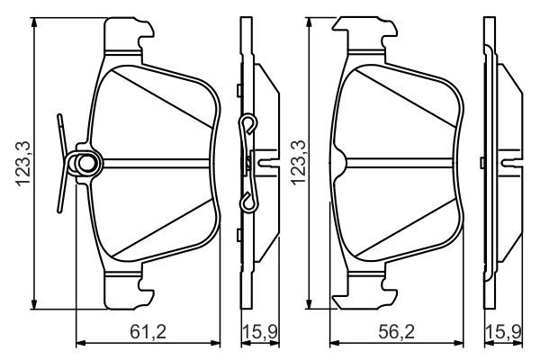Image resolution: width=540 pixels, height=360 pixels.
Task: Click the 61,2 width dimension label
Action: (x=148, y=332)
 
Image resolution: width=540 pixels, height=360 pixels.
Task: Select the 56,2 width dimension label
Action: (x=396, y=332)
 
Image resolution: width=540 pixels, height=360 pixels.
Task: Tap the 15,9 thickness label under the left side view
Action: (x=260, y=332)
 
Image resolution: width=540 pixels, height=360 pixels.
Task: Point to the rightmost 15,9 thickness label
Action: (x=503, y=332)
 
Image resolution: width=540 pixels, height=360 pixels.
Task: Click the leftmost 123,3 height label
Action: (x=23, y=163)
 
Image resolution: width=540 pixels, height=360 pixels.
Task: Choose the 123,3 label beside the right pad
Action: (x=298, y=163)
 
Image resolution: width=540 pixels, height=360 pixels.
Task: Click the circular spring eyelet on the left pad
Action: (x=85, y=163)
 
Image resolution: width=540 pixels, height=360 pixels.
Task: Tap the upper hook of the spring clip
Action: (x=248, y=123)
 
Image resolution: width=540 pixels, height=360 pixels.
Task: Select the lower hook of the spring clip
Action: (x=248, y=202)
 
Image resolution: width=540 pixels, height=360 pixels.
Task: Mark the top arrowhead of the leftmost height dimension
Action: (x=34, y=22)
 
